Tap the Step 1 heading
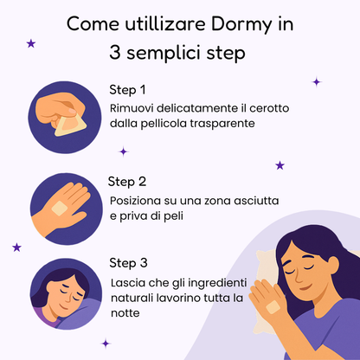tap(127, 89)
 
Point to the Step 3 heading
tap(128, 263)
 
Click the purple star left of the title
tap(32, 42)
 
